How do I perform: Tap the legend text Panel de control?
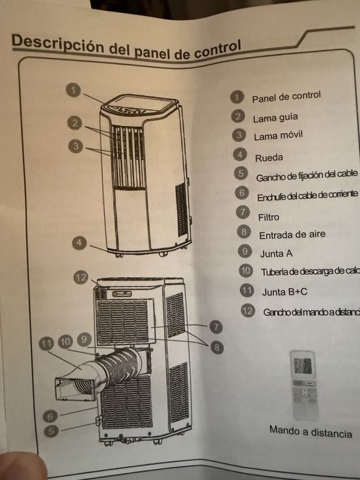286,97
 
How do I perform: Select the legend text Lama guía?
275,117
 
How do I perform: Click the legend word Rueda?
269,157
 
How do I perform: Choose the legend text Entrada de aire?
291,234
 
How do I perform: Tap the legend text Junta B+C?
284,291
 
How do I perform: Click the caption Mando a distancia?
310,433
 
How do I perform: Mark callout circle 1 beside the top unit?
75,90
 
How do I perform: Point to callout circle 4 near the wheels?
80,243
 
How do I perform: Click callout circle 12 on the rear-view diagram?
82,277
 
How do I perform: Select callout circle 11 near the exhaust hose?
47,344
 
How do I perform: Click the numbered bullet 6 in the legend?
241,193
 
